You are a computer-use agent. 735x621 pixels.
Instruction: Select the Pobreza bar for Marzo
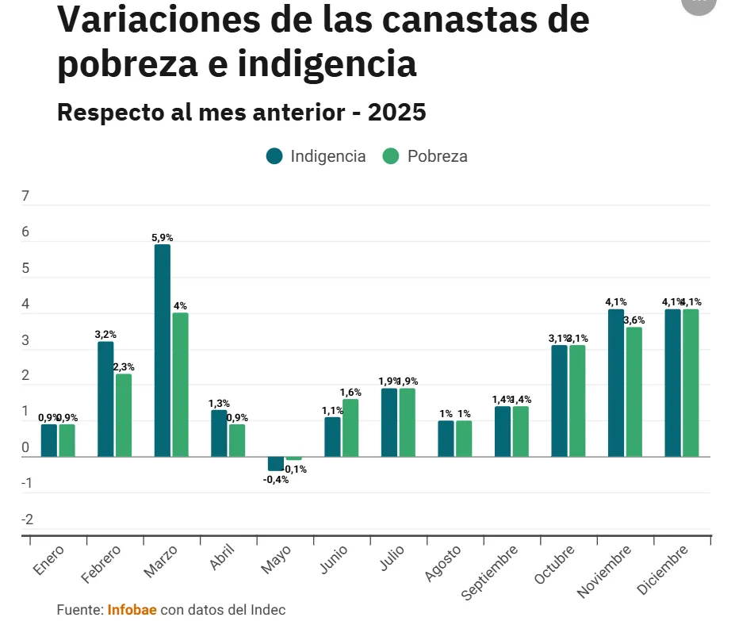click(180, 385)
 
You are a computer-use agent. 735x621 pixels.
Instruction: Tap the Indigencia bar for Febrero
click(105, 399)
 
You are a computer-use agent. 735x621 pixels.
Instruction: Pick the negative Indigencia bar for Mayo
click(275, 464)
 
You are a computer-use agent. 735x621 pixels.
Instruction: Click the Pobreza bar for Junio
click(350, 427)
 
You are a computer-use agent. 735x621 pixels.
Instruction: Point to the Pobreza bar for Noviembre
click(634, 392)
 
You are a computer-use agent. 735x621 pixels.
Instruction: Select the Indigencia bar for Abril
click(219, 433)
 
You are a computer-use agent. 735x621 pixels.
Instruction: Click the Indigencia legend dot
click(274, 156)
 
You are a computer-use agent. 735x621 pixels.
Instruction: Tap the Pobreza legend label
click(437, 156)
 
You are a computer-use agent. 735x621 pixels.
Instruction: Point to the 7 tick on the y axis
click(25, 197)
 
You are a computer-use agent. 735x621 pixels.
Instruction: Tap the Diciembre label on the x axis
click(663, 571)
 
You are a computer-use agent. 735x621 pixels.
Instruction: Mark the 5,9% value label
click(162, 237)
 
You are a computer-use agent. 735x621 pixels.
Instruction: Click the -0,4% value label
click(275, 479)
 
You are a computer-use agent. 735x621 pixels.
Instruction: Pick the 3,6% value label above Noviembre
click(634, 320)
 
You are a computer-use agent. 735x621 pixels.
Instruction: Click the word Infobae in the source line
click(132, 609)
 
